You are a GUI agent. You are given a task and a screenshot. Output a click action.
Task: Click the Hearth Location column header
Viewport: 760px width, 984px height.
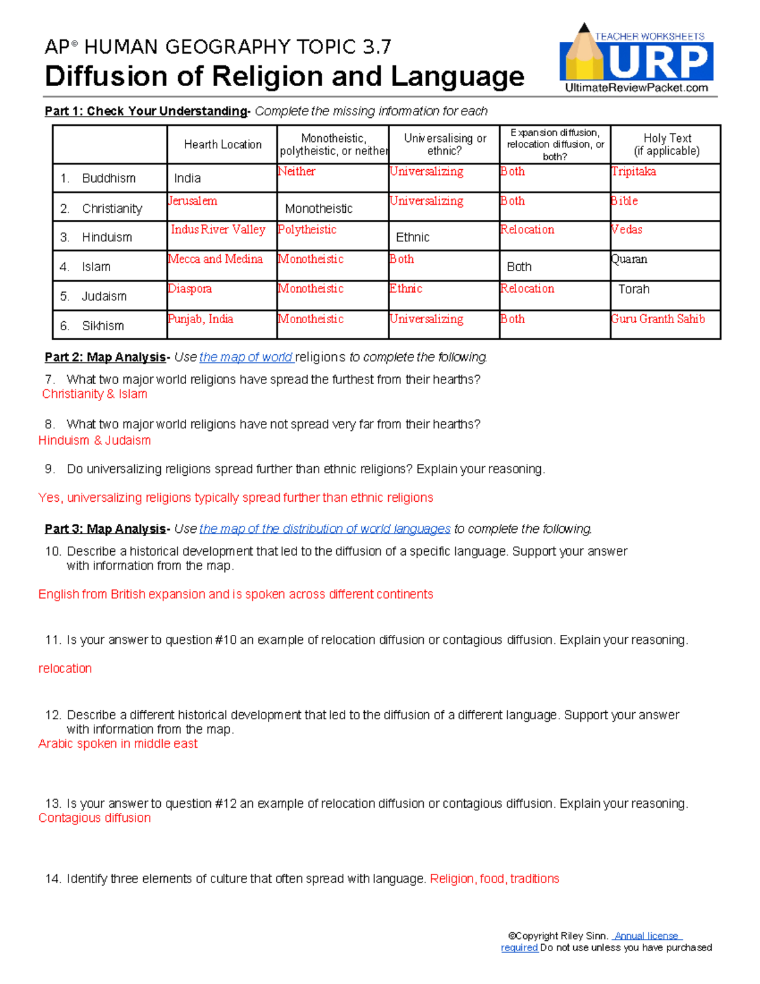point(222,144)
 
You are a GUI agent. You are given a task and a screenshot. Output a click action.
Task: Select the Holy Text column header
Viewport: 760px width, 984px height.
point(666,144)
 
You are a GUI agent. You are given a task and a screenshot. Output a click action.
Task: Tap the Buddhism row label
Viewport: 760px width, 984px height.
point(108,178)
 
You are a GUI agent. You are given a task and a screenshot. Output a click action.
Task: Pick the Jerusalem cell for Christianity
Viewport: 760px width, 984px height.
point(193,201)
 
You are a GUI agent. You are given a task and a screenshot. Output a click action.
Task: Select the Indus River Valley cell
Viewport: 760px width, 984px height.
point(218,229)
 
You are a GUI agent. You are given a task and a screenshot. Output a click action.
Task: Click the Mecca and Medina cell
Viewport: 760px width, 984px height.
point(215,259)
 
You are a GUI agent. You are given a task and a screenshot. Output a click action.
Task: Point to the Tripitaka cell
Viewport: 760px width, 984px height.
point(633,172)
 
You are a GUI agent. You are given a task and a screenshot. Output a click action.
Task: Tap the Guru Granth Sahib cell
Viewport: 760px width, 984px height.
point(658,319)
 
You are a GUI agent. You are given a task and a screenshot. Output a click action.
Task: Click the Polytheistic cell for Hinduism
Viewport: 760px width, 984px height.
point(307,229)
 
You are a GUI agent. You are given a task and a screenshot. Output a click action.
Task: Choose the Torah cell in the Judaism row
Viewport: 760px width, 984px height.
point(633,290)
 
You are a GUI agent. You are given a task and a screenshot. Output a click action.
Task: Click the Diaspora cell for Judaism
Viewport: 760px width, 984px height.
point(190,289)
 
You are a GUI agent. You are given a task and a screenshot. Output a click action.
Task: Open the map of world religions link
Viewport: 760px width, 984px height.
point(246,357)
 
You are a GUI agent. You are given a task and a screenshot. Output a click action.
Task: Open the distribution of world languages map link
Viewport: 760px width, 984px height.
point(325,529)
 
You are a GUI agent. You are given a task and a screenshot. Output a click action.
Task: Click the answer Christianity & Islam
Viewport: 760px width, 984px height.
point(94,394)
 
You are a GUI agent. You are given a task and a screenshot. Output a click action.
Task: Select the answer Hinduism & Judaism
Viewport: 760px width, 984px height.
point(94,440)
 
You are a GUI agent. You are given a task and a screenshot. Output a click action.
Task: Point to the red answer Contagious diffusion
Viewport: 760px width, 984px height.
point(94,818)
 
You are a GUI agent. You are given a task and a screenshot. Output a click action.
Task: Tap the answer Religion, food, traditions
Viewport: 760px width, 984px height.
point(494,879)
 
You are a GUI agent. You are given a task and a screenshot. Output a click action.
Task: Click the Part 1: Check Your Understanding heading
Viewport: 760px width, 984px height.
point(146,112)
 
